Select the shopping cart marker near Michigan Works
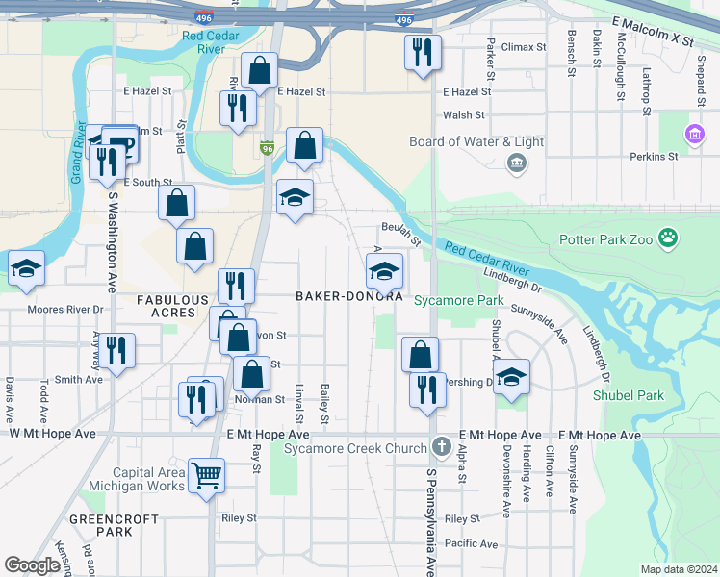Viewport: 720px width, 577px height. click(x=206, y=474)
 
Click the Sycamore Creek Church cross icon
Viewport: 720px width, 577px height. click(x=441, y=447)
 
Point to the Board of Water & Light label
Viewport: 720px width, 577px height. click(x=476, y=141)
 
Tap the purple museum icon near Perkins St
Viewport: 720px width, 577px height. click(x=693, y=133)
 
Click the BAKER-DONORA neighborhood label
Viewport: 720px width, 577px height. click(x=347, y=297)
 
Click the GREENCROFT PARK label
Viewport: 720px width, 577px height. click(x=101, y=525)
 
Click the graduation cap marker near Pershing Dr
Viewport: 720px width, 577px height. click(x=511, y=376)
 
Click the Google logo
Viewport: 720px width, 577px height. click(x=32, y=565)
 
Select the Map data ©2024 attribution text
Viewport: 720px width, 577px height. click(x=678, y=569)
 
